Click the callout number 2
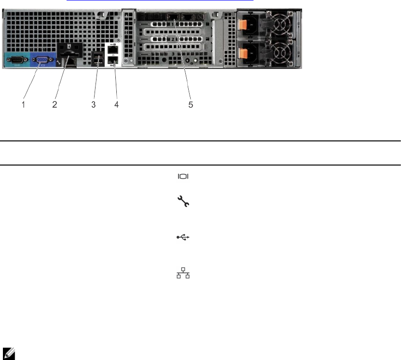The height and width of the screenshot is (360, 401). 55,105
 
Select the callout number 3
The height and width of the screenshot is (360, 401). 94,105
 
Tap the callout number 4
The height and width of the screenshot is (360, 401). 116,105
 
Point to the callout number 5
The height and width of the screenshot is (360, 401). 191,105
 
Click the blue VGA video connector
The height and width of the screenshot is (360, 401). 41,60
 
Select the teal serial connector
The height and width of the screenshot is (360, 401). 17,60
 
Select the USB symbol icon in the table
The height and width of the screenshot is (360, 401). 183,237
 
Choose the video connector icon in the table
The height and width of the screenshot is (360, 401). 183,177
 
